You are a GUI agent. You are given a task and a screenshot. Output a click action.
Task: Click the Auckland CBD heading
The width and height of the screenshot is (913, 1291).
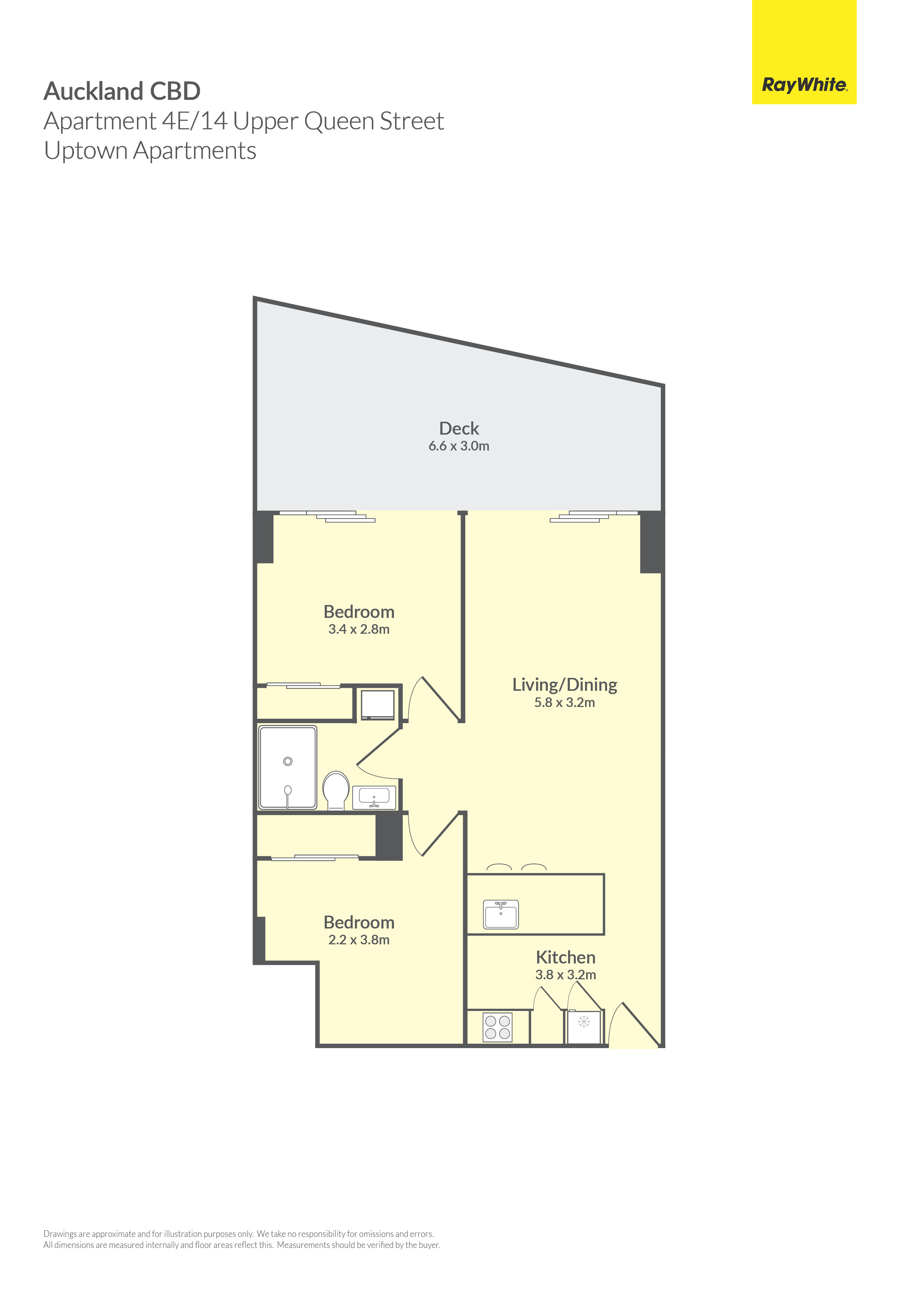[x=122, y=91]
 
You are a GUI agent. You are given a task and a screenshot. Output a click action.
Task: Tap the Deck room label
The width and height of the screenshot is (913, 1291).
[x=459, y=428]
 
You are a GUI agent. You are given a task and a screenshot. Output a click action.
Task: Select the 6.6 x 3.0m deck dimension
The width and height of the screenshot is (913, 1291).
[x=459, y=446]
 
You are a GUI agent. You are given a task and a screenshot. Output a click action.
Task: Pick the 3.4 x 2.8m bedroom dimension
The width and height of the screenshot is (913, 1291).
[x=359, y=629]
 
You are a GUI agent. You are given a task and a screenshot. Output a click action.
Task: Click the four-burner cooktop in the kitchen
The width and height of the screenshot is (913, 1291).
[x=498, y=1027]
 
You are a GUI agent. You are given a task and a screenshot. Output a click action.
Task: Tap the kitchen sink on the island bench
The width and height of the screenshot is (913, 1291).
[x=501, y=914]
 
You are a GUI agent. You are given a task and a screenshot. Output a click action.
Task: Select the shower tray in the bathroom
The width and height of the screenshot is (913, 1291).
[x=288, y=767]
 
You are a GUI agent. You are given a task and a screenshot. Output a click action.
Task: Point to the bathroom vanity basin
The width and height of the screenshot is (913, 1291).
[x=374, y=797]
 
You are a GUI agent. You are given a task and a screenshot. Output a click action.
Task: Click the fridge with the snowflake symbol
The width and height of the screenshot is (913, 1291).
[x=584, y=1027]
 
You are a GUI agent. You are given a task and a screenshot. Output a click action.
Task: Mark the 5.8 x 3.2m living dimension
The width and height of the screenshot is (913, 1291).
[x=564, y=702]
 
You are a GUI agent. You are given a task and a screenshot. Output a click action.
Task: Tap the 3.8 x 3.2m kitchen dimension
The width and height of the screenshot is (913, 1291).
[x=565, y=975]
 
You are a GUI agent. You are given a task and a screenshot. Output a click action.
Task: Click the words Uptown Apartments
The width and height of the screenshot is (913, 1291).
[x=150, y=151]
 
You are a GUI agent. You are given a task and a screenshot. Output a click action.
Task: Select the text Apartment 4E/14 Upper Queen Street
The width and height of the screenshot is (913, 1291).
[x=244, y=121]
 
